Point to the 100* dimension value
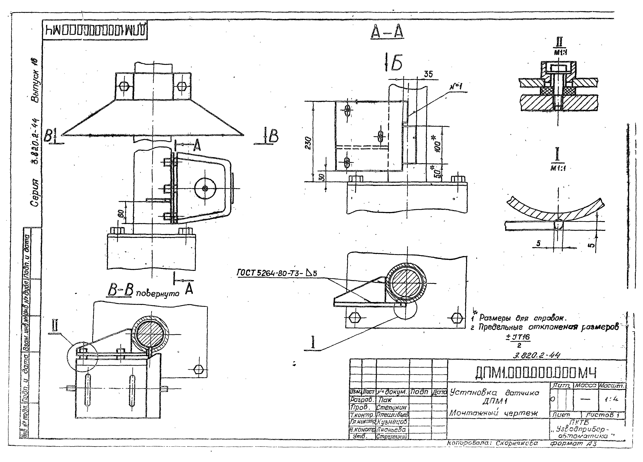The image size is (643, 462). [437, 145]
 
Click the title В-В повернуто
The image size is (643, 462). [143, 292]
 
